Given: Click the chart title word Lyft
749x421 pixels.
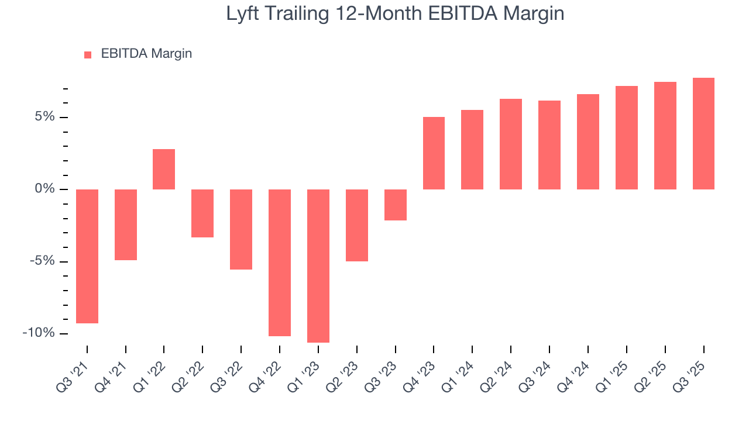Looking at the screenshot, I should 244,14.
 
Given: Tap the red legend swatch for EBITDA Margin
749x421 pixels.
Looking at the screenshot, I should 88,54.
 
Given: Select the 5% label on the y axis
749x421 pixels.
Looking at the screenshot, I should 44,117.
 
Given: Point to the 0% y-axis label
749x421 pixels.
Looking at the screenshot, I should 44,189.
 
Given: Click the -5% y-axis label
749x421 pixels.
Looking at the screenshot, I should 42,261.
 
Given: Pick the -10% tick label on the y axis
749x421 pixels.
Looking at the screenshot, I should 39,333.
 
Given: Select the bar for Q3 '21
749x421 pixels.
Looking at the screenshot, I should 87,256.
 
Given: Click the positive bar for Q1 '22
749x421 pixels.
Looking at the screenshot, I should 164,169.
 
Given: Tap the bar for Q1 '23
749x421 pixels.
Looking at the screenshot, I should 318,265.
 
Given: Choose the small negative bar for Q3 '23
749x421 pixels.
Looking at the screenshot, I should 396,205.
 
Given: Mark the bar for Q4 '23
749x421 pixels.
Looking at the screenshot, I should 434,153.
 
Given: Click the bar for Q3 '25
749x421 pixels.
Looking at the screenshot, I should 703,133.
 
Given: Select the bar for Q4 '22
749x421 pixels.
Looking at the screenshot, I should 280,263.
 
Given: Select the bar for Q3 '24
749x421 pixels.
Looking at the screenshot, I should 549,145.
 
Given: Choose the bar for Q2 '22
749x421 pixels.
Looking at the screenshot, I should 202,213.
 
